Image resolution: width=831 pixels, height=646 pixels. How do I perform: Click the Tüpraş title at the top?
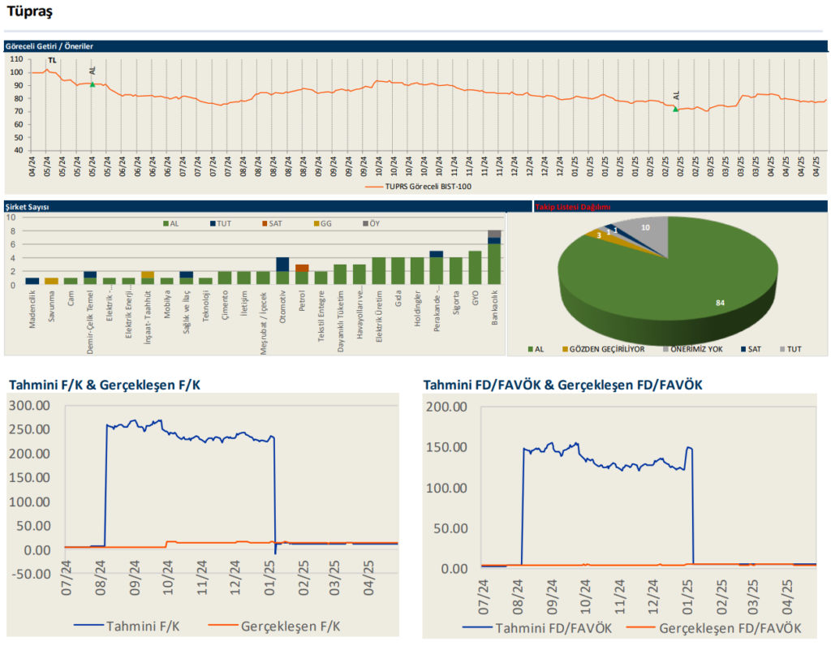30,11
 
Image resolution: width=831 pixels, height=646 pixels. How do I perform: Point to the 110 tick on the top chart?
15,59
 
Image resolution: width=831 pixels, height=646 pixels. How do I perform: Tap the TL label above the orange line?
52,61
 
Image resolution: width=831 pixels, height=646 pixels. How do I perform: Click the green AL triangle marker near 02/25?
675,109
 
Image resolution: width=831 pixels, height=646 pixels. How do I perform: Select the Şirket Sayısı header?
28,208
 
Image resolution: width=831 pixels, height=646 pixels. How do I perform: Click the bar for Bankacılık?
494,257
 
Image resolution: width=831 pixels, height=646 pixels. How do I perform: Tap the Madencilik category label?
32,308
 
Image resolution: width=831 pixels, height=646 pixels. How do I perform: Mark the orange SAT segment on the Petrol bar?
302,268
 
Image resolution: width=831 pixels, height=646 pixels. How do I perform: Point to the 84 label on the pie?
720,303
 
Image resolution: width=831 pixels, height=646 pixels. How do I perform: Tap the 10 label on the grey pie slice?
645,228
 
